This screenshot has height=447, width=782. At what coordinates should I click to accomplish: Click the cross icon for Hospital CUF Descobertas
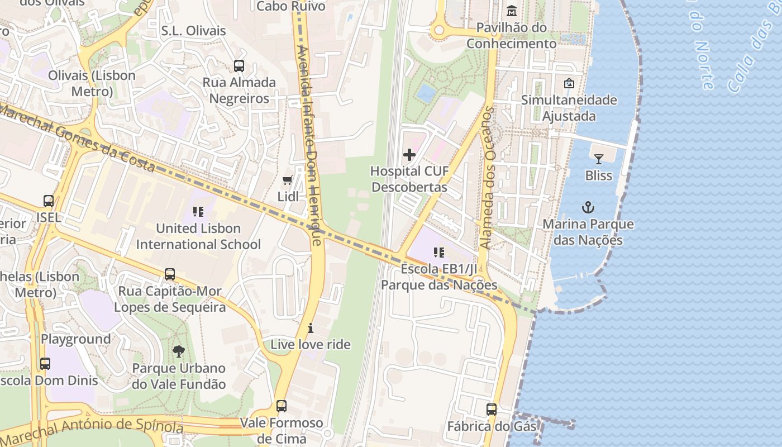(x=409, y=155)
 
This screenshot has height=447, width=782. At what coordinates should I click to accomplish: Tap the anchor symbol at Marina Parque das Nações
(x=588, y=208)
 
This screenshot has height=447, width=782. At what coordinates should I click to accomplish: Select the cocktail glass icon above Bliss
(x=598, y=159)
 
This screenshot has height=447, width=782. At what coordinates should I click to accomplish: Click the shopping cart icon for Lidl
(x=288, y=180)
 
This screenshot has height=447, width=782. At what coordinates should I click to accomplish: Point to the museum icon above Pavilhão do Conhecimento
(x=511, y=11)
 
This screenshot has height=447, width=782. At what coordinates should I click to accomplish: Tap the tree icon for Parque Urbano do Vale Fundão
(x=179, y=351)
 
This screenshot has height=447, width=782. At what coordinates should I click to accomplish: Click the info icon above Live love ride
(x=311, y=328)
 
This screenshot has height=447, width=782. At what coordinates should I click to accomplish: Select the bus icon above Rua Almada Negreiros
(x=239, y=66)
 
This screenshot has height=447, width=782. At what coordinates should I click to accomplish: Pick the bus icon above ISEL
(x=49, y=201)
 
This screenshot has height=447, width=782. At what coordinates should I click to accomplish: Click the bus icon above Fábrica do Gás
(x=492, y=410)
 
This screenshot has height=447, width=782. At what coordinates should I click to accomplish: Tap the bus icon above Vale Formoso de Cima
(x=282, y=406)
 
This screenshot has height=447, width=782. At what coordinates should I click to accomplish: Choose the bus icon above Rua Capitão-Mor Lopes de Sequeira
(x=170, y=274)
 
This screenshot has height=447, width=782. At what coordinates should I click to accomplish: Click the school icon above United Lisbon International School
(x=198, y=212)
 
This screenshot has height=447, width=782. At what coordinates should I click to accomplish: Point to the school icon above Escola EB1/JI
(x=439, y=253)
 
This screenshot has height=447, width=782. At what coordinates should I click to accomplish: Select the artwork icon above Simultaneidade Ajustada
(x=569, y=83)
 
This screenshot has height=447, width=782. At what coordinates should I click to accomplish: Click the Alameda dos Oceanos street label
(x=488, y=178)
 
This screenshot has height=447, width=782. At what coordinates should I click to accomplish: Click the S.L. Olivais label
(x=193, y=31)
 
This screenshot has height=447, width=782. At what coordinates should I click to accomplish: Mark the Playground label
(x=76, y=339)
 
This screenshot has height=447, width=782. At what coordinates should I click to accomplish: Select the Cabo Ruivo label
(x=290, y=6)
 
